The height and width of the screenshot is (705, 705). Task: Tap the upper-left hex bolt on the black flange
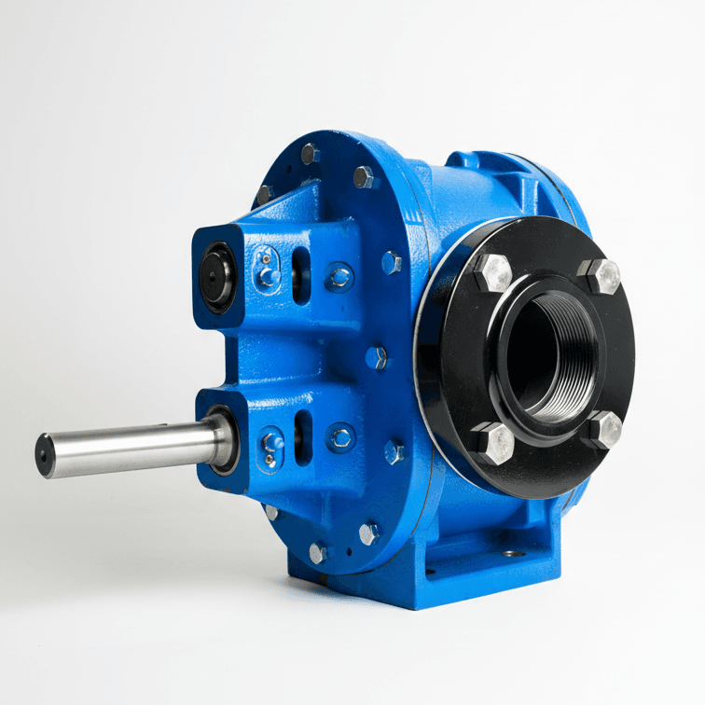coord(492,272)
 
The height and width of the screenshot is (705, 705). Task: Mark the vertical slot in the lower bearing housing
coord(299,437)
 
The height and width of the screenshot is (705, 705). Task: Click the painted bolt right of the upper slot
coord(340,276)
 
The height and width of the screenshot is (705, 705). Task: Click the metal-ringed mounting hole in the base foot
coord(509,553)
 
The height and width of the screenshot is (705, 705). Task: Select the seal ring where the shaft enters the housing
coord(224,438)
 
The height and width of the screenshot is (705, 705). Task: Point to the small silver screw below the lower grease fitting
coord(270,460)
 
